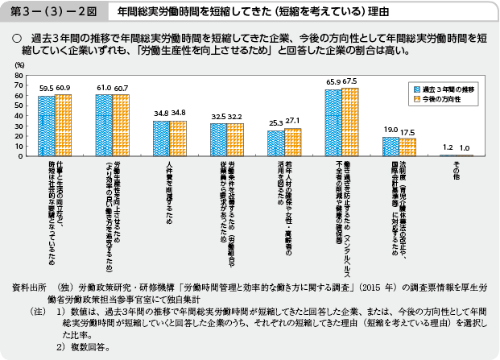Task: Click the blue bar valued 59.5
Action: tap(46, 126)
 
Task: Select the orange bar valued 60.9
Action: tap(63, 125)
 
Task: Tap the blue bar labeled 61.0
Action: tap(104, 125)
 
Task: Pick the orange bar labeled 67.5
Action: tap(350, 121)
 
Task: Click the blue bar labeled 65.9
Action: tap(333, 122)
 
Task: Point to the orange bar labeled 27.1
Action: tap(293, 142)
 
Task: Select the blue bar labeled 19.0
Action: tap(390, 146)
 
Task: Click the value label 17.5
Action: tap(408, 132)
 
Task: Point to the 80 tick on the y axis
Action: tap(19, 75)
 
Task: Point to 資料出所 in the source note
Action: tap(26, 286)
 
